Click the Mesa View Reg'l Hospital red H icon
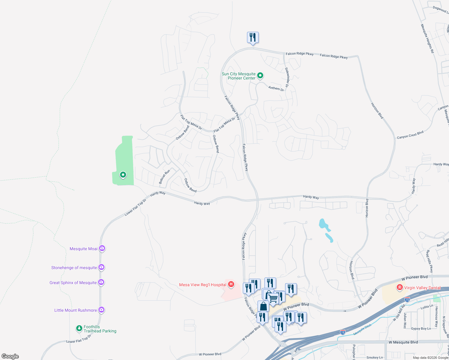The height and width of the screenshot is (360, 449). point(231,284)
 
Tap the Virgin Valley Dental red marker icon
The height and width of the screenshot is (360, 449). point(399,287)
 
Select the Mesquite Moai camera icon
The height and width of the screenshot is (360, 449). point(102,248)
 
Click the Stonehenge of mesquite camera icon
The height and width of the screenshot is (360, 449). point(101,267)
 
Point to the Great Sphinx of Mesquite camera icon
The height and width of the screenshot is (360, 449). point(101,282)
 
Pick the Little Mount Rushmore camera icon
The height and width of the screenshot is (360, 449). point(101,310)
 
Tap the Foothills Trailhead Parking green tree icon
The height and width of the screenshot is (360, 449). point(79,328)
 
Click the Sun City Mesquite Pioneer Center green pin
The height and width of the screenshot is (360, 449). point(260,75)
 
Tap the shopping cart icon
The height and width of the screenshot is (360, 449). point(273,298)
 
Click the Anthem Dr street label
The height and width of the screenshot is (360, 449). point(276,88)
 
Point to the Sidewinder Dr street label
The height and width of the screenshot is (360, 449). point(287,77)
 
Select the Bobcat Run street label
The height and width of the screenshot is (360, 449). point(164,177)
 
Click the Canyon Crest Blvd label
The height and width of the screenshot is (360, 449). point(410,135)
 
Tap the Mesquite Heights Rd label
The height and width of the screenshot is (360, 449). point(427,39)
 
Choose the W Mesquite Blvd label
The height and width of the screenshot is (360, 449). point(403,342)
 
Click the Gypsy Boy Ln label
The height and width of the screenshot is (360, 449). point(421,328)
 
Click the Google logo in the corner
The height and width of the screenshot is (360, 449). point(10,356)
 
